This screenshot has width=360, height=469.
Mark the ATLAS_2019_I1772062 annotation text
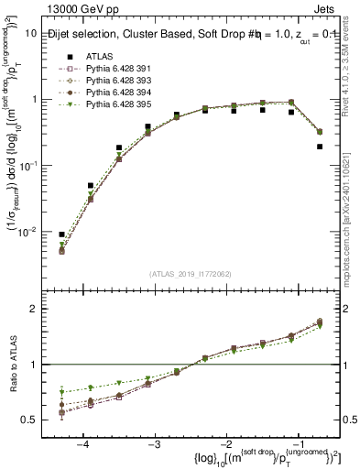[191, 272]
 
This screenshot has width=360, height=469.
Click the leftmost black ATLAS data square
[61, 234]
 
